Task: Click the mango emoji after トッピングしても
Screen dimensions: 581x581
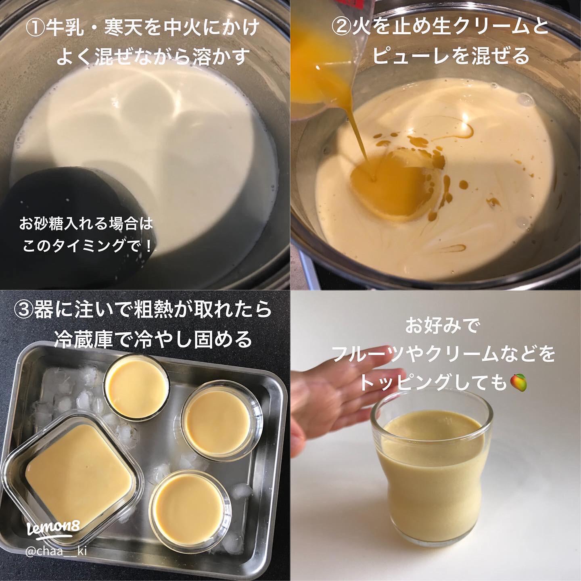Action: [519, 382]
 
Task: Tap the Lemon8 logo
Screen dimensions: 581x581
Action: [53, 529]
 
